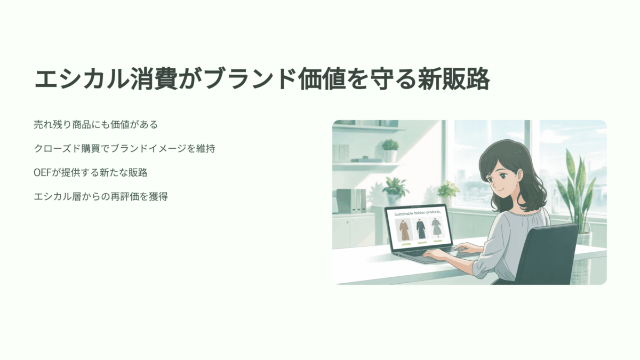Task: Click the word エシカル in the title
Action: tap(82, 79)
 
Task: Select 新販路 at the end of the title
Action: tap(454, 79)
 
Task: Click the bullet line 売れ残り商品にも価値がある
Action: tap(95, 125)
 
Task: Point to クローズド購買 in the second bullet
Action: tap(67, 149)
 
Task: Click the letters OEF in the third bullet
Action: tap(42, 173)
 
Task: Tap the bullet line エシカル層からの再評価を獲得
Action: tap(101, 197)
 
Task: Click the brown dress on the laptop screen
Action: tap(403, 230)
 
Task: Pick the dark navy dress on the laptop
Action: tap(420, 229)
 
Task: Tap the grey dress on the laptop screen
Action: tap(436, 228)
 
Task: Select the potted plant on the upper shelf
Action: tap(390, 150)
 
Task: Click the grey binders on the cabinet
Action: tap(351, 201)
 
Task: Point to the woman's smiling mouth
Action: tap(499, 191)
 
